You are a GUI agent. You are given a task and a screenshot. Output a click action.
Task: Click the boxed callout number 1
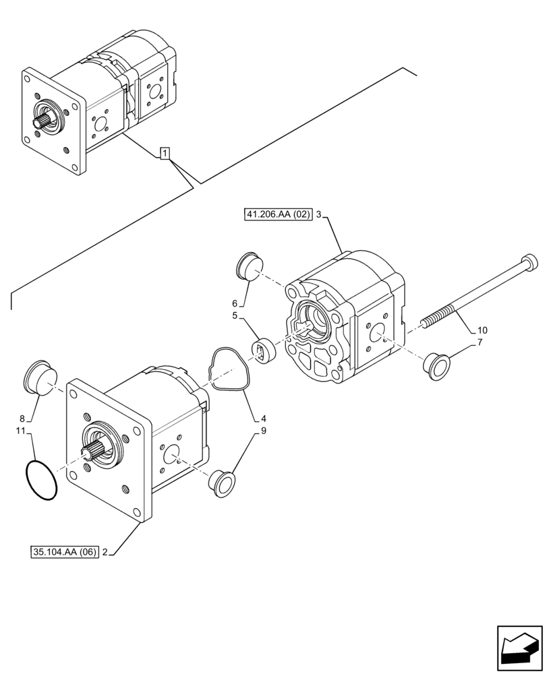tap(164, 154)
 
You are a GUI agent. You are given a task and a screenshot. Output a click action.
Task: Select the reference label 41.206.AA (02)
tap(278, 216)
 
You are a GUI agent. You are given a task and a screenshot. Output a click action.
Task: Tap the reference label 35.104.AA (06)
tap(64, 553)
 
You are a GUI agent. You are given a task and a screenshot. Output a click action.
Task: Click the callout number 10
tap(482, 330)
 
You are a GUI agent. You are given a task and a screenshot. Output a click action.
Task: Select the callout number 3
tap(319, 216)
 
